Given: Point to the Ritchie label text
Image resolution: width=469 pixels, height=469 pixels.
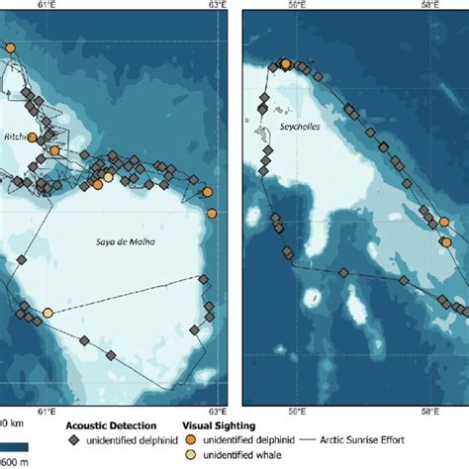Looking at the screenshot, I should [x=18, y=136].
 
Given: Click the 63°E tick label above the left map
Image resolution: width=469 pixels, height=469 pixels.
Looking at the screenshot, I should [x=218, y=7].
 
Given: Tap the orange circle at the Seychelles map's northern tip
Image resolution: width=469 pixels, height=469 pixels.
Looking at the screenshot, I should [x=286, y=64].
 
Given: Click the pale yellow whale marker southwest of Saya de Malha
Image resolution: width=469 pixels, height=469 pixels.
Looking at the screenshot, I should [x=47, y=313].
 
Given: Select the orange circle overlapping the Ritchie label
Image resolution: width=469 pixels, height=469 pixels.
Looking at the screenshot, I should [x=33, y=138].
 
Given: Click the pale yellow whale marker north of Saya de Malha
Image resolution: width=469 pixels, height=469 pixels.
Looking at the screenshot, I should [x=109, y=178].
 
